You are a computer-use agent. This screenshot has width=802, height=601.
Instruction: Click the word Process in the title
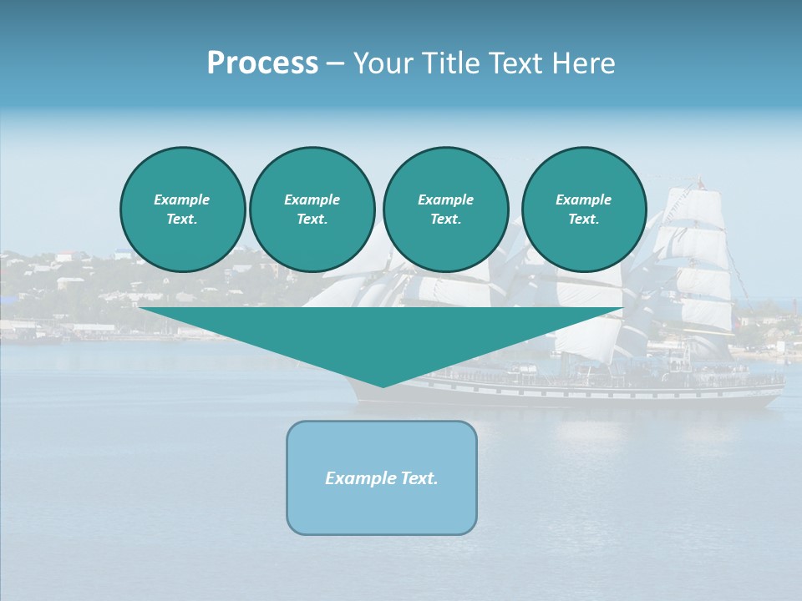[x=262, y=63]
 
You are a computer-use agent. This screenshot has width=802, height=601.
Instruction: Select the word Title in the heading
[x=453, y=63]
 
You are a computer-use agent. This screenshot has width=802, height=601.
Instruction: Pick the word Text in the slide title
[x=519, y=63]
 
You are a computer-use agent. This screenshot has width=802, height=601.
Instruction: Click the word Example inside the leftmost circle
[x=182, y=199]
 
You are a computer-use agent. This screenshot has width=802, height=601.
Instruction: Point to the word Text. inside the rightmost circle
[x=583, y=219]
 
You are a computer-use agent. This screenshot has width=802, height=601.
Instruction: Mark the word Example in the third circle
[x=445, y=199]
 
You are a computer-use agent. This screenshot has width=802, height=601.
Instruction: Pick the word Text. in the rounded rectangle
[x=419, y=478]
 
